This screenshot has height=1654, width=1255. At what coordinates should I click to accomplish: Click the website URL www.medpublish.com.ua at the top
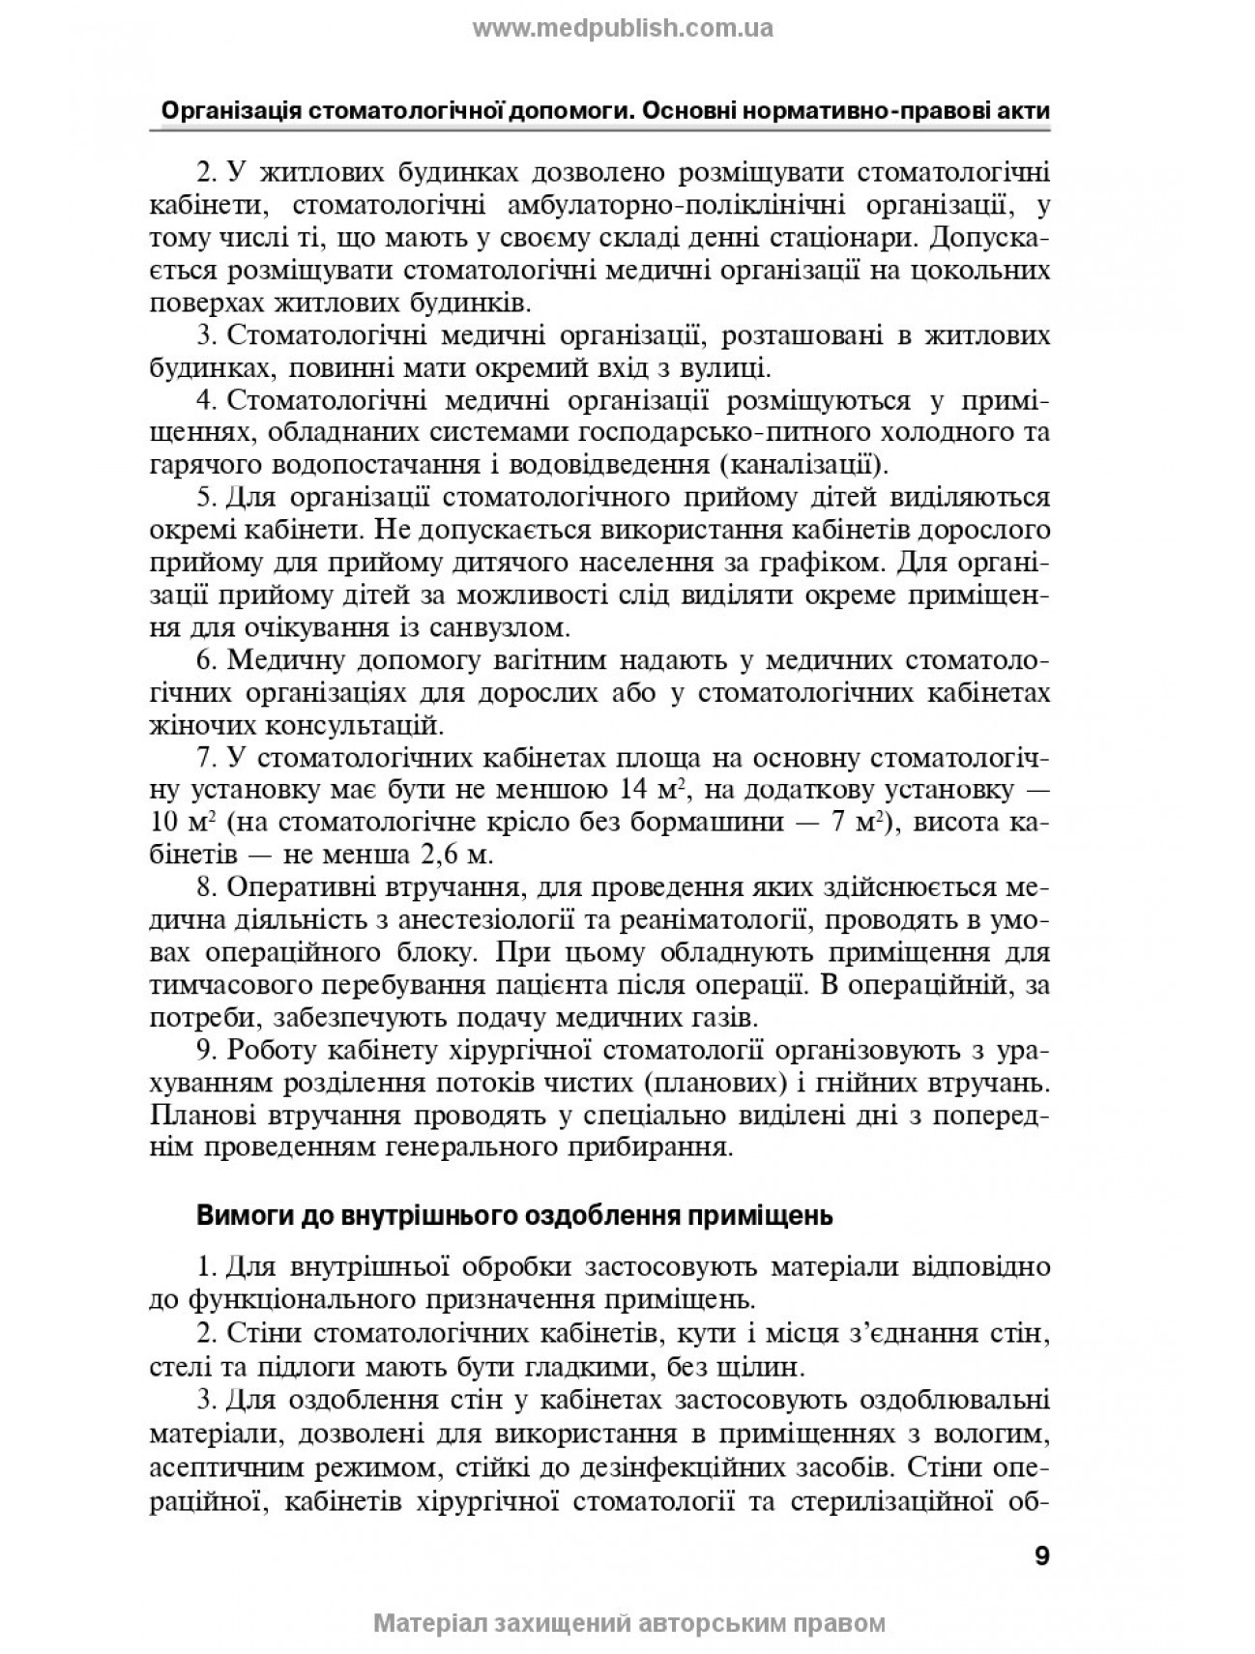click(x=622, y=28)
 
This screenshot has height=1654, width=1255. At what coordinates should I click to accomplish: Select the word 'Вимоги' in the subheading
click(x=236, y=1215)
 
